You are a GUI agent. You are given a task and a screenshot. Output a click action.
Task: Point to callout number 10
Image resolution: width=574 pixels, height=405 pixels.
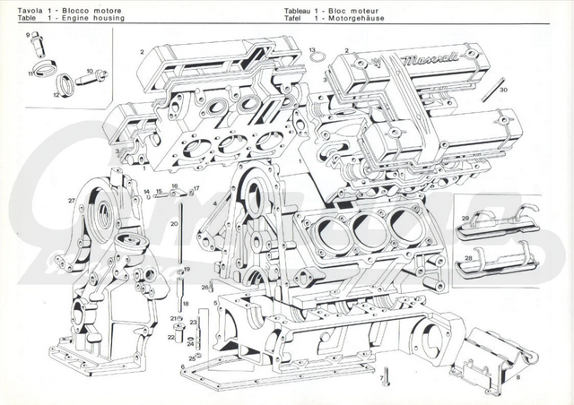pos(91,70)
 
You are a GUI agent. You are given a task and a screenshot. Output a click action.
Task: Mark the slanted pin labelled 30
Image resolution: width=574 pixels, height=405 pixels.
pos(489,85)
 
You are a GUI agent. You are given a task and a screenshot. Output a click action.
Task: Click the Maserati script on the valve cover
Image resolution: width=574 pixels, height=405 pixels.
pos(430,60)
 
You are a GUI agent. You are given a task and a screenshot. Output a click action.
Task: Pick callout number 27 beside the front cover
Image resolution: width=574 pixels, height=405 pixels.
pos(72,199)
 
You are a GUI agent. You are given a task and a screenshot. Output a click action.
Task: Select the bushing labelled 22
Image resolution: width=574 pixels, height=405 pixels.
pos(179,337)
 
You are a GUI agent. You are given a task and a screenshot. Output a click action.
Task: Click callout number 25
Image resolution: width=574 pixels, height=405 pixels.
pos(192,358)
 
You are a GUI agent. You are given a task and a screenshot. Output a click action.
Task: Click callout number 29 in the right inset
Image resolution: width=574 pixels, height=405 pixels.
pos(465,218)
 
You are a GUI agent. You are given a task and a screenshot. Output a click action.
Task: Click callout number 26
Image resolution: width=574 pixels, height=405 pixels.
pos(204,287)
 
